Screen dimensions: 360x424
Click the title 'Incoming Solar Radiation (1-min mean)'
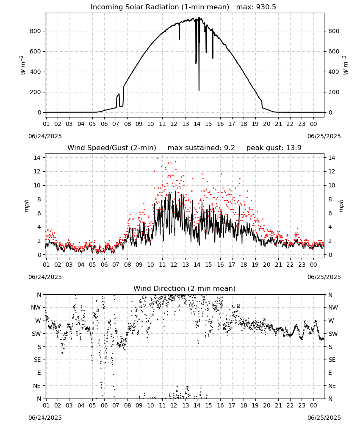pyautogui.click(x=160, y=7)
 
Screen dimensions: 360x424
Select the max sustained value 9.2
pyautogui.click(x=230, y=148)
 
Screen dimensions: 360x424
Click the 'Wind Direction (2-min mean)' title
pyautogui.click(x=185, y=288)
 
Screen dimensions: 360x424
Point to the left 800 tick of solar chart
pyautogui.click(x=36, y=31)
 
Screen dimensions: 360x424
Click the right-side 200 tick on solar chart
pyautogui.click(x=334, y=92)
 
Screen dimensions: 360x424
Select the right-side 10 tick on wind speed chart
pyautogui.click(x=332, y=186)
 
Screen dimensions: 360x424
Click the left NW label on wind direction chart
pyautogui.click(x=36, y=308)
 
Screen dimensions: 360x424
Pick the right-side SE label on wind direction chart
pyautogui.click(x=332, y=360)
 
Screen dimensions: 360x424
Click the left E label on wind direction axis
pyautogui.click(x=39, y=373)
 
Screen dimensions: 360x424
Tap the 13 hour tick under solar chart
pyautogui.click(x=186, y=124)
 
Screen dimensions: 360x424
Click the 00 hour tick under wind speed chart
pyautogui.click(x=313, y=265)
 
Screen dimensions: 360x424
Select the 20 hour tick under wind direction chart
pyautogui.click(x=267, y=405)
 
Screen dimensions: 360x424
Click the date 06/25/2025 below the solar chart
pyautogui.click(x=324, y=136)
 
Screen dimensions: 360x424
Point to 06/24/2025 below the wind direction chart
pyautogui.click(x=45, y=418)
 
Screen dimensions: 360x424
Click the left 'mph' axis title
pyautogui.click(x=26, y=206)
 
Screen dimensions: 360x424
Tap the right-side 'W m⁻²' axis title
pyautogui.click(x=346, y=65)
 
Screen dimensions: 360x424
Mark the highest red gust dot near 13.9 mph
pyautogui.click(x=158, y=158)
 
